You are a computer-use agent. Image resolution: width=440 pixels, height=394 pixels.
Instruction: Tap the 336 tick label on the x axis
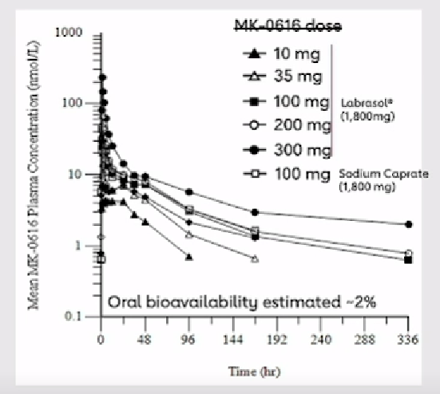click(x=408, y=337)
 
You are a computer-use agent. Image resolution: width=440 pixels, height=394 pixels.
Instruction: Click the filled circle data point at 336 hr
click(x=409, y=224)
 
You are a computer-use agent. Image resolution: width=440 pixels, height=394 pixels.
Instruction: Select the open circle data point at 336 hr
click(x=409, y=253)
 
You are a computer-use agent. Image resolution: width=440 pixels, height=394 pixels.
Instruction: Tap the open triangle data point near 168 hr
click(x=255, y=258)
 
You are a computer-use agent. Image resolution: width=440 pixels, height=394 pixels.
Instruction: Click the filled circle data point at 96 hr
click(x=189, y=191)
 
